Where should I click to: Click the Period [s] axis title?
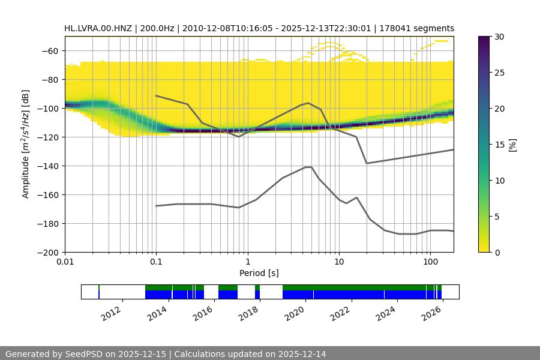click(259, 273)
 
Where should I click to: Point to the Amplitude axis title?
click(26, 144)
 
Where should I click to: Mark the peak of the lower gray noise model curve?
click(308, 167)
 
